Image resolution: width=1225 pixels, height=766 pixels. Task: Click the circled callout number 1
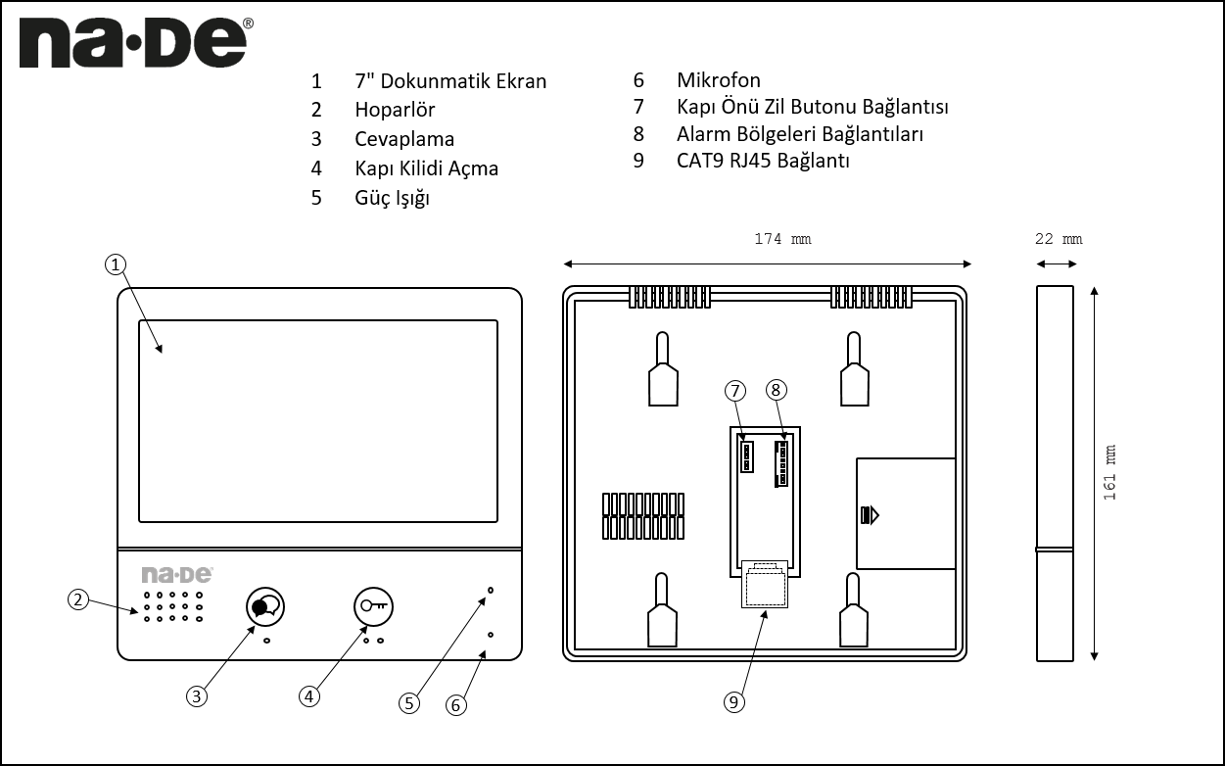pyautogui.click(x=116, y=264)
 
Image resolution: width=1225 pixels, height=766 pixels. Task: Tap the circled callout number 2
pyautogui.click(x=78, y=599)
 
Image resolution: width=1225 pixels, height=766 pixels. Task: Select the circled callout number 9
pyautogui.click(x=734, y=701)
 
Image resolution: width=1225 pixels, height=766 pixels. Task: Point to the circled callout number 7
pyautogui.click(x=735, y=390)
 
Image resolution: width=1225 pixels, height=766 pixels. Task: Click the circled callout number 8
pyautogui.click(x=776, y=390)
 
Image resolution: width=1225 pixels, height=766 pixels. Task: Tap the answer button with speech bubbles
pyautogui.click(x=263, y=606)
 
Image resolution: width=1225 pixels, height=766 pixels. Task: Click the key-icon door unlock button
pyautogui.click(x=372, y=606)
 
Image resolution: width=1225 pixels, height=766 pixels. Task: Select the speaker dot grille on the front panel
pyautogui.click(x=173, y=606)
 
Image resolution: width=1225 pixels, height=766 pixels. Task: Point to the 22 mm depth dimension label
pyautogui.click(x=1058, y=239)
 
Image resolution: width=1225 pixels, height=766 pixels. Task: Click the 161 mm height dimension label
pyautogui.click(x=1109, y=473)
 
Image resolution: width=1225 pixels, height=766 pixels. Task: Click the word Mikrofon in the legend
pyautogui.click(x=718, y=80)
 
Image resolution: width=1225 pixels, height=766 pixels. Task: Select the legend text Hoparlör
pyautogui.click(x=395, y=110)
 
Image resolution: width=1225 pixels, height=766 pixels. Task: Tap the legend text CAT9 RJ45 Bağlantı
pyautogui.click(x=763, y=161)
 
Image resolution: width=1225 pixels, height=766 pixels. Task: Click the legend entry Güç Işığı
pyautogui.click(x=392, y=198)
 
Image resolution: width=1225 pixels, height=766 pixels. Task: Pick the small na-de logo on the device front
pyautogui.click(x=176, y=574)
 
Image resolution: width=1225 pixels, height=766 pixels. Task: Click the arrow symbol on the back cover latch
pyautogui.click(x=870, y=514)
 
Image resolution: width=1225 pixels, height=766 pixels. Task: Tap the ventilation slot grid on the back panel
pyautogui.click(x=642, y=516)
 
